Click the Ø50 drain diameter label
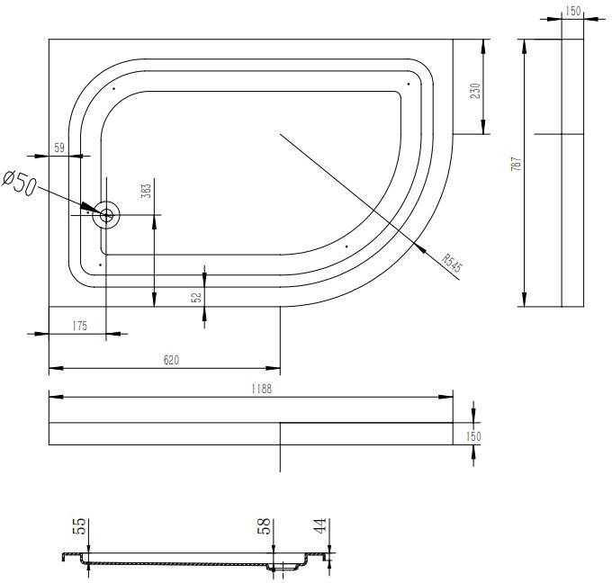pyautogui.click(x=20, y=183)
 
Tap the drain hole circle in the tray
pyautogui.click(x=106, y=215)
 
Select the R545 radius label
pyautogui.click(x=452, y=263)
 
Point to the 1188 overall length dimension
pyautogui.click(x=261, y=389)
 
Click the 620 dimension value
pyautogui.click(x=171, y=360)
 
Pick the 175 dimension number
pyautogui.click(x=79, y=326)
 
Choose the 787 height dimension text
pyautogui.click(x=516, y=164)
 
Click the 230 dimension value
pyautogui.click(x=475, y=91)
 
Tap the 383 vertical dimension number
pyautogui.click(x=146, y=191)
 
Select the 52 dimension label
pyautogui.click(x=196, y=298)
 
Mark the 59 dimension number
pyautogui.click(x=59, y=148)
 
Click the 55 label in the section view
pyautogui.click(x=79, y=525)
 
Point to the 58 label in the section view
pyautogui.click(x=264, y=525)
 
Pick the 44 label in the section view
pyautogui.click(x=319, y=525)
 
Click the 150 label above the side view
pyautogui.click(x=572, y=11)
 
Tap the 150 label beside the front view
pyautogui.click(x=473, y=436)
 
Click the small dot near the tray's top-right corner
pyautogui.click(x=409, y=84)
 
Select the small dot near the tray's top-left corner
pyautogui.click(x=113, y=88)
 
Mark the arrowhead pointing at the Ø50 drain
pyautogui.click(x=92, y=209)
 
